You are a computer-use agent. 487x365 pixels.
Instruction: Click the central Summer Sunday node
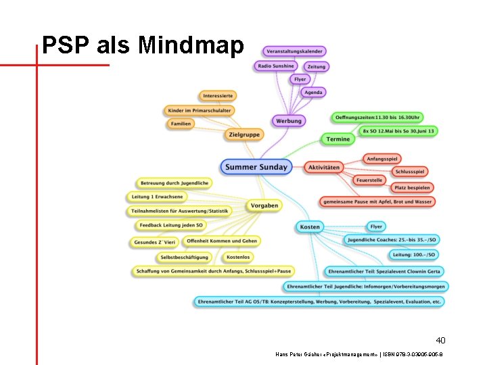tap(256, 167)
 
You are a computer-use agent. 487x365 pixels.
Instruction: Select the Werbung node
tap(289, 121)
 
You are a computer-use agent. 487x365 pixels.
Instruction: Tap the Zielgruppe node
tap(244, 135)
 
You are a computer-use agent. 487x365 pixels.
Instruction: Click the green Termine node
tap(338, 139)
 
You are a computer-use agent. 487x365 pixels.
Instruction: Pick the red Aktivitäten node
tap(323, 167)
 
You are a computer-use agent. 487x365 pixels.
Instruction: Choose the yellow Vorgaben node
tap(264, 205)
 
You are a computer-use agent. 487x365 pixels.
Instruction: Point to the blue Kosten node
tap(310, 227)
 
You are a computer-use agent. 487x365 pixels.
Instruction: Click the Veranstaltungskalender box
tap(295, 51)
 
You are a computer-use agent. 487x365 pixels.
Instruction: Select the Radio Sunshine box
tap(276, 66)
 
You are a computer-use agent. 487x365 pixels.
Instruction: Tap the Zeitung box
tap(316, 66)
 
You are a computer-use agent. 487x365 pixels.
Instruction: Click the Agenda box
tap(313, 92)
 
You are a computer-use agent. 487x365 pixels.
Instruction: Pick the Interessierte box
tap(218, 96)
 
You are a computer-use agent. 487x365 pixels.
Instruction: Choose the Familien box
tap(181, 124)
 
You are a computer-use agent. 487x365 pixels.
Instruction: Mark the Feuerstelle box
tap(369, 180)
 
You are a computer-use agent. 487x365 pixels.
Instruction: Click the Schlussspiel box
tap(410, 172)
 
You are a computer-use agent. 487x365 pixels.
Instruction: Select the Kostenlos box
tap(238, 257)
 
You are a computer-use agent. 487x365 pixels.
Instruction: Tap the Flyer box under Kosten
tap(376, 226)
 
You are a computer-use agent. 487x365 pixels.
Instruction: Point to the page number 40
tap(440, 340)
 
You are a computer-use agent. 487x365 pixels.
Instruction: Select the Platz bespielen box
tap(412, 187)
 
